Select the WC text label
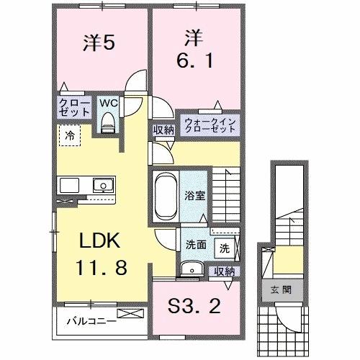(x=109, y=103)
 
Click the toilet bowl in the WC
(x=108, y=124)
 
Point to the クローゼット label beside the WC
(x=75, y=107)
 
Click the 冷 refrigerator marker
(x=69, y=135)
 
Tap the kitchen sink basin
(x=104, y=186)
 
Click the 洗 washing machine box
(x=225, y=248)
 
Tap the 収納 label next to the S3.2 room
(x=225, y=271)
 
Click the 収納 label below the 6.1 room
(x=163, y=130)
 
